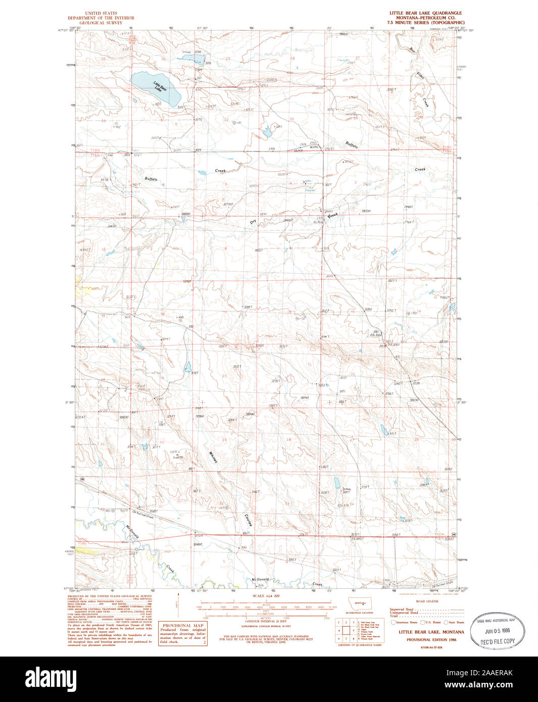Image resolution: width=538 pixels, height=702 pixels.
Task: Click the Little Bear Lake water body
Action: (x=154, y=87)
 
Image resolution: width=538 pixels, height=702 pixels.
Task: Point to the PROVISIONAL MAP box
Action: (x=183, y=634)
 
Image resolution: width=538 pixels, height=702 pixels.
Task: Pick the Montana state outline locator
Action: (x=360, y=604)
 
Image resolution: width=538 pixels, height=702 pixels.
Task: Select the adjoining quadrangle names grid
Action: (x=347, y=630)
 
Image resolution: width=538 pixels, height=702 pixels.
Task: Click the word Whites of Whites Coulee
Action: (x=213, y=458)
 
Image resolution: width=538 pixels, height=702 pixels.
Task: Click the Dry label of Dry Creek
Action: (x=253, y=221)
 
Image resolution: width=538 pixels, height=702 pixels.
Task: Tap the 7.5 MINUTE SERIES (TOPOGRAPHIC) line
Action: (x=425, y=23)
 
